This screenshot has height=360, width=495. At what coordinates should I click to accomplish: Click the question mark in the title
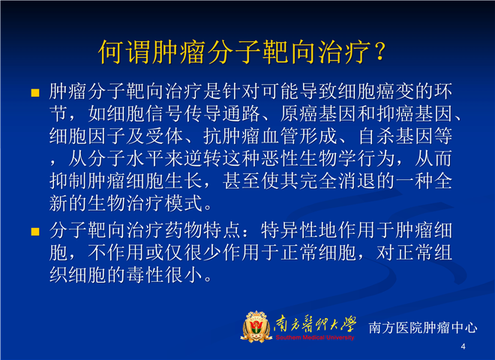tap(380, 52)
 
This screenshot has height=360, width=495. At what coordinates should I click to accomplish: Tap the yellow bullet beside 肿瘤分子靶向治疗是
tap(35, 93)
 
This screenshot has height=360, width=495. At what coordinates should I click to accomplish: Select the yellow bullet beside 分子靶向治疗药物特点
tap(35, 232)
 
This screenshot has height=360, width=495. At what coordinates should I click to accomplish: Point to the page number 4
tap(463, 346)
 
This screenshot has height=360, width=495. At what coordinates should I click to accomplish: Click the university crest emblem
tap(256, 326)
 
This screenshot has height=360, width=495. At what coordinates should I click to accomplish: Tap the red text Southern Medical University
tap(315, 337)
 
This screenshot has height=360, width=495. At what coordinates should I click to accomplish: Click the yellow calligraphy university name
tap(315, 324)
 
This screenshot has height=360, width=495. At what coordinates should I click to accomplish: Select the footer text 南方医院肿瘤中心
tap(423, 328)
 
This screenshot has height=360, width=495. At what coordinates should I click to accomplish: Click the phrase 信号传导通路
tap(203, 114)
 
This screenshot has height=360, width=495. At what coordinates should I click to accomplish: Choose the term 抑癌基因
tap(415, 114)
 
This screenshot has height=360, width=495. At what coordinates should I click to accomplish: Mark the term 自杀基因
tap(395, 136)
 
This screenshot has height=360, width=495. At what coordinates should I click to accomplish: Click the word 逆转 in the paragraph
tap(203, 158)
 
